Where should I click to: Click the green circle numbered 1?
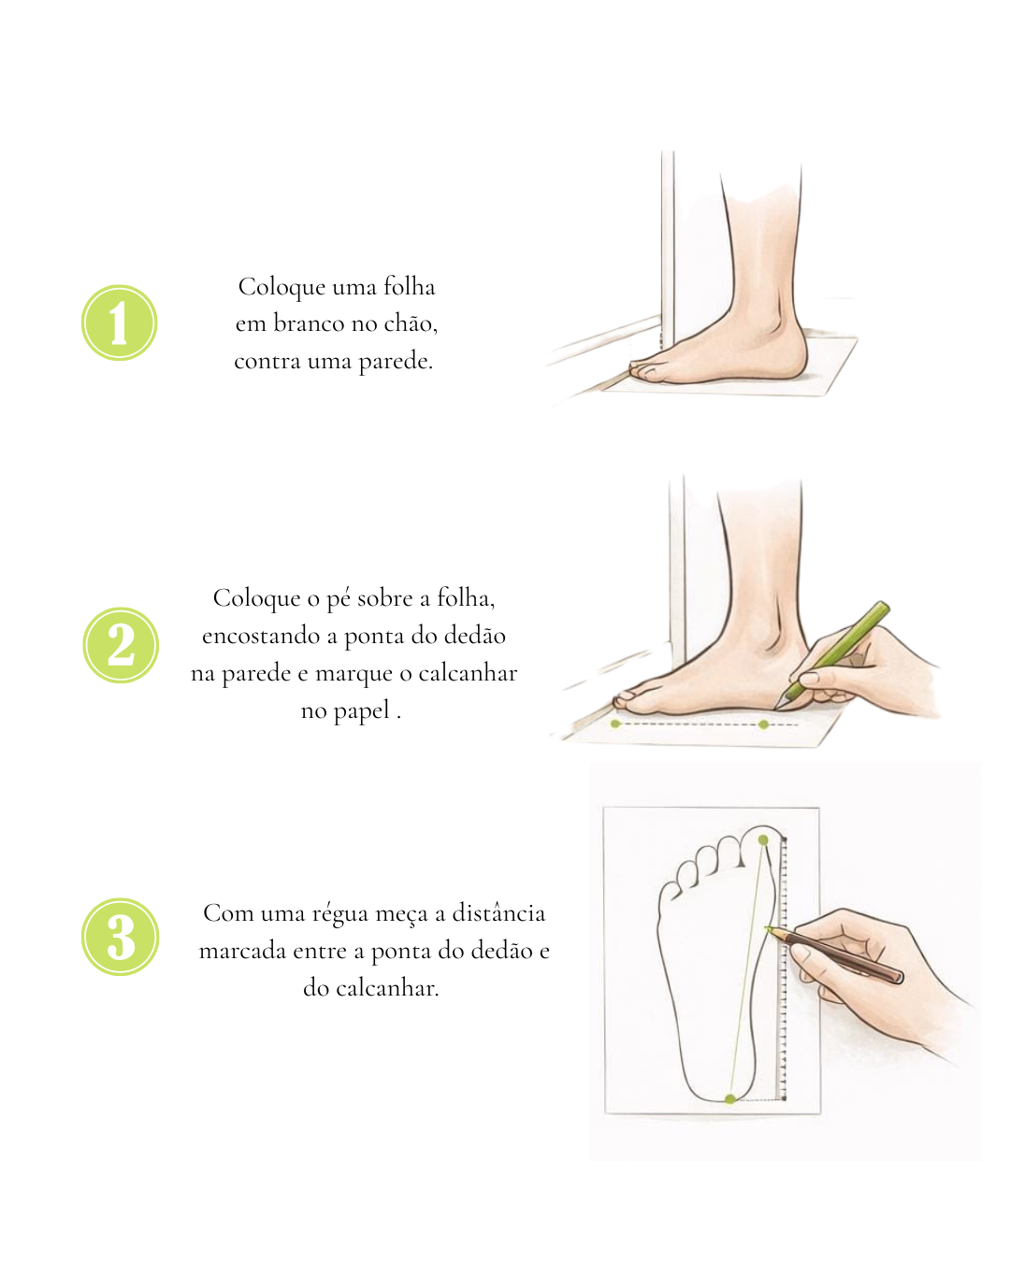pyautogui.click(x=119, y=323)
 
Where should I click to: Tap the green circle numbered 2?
pyautogui.click(x=121, y=644)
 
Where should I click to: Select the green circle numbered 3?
pyautogui.click(x=121, y=937)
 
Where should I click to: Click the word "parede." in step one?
pyautogui.click(x=396, y=362)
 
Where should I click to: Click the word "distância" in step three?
pyautogui.click(x=498, y=913)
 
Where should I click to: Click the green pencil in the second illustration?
pyautogui.click(x=831, y=655)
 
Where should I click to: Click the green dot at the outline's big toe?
pyautogui.click(x=763, y=840)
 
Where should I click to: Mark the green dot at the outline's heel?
pyautogui.click(x=730, y=1098)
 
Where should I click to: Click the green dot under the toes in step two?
pyautogui.click(x=615, y=724)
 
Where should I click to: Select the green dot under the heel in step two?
pyautogui.click(x=763, y=724)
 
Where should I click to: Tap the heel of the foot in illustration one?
pyautogui.click(x=793, y=358)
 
